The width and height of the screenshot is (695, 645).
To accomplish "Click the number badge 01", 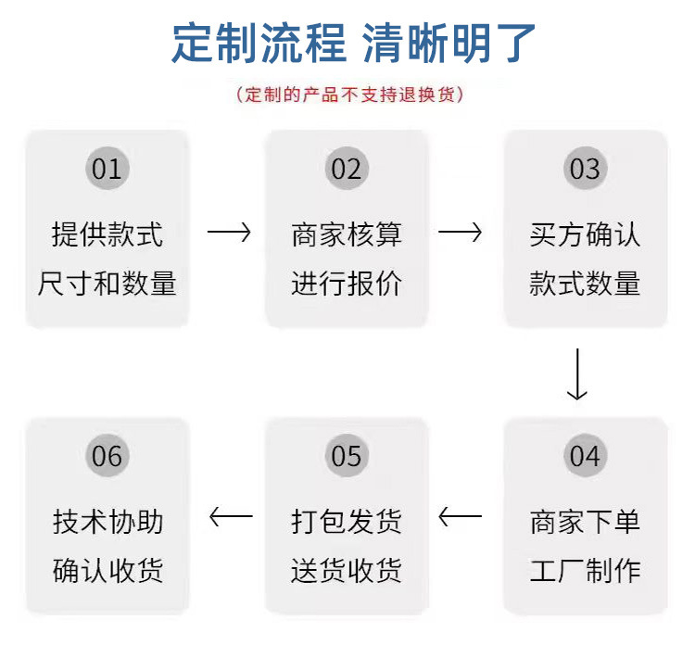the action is pyautogui.click(x=107, y=169).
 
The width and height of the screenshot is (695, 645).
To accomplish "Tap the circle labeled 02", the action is pyautogui.click(x=347, y=169).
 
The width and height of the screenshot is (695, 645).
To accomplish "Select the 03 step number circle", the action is pyautogui.click(x=585, y=169).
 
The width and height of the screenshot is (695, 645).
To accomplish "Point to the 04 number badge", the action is pyautogui.click(x=585, y=455).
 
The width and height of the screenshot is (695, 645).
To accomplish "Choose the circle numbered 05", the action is pyautogui.click(x=347, y=455).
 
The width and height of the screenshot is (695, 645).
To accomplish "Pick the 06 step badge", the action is pyautogui.click(x=107, y=455).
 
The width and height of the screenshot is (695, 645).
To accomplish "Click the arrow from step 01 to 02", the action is pyautogui.click(x=229, y=233).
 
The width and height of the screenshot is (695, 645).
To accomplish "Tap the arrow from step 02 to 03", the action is pyautogui.click(x=460, y=233).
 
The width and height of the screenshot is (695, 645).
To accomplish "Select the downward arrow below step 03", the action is pyautogui.click(x=577, y=374).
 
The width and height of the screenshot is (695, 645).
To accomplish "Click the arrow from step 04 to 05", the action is pyautogui.click(x=460, y=516).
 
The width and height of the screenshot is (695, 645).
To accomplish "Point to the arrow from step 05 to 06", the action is pyautogui.click(x=231, y=516).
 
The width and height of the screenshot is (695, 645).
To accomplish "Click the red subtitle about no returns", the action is pyautogui.click(x=349, y=95).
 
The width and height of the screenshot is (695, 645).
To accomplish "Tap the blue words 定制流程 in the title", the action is pyautogui.click(x=259, y=43).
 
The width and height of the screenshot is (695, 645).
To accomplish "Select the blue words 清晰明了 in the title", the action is pyautogui.click(x=449, y=43).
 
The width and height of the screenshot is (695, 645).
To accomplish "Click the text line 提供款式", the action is pyautogui.click(x=107, y=234).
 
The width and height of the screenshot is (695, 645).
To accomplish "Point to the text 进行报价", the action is pyautogui.click(x=347, y=283).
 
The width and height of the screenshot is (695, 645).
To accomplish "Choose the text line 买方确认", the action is pyautogui.click(x=585, y=234).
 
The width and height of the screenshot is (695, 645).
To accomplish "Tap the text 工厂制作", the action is pyautogui.click(x=585, y=570).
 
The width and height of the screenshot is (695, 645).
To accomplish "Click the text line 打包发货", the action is pyautogui.click(x=347, y=522).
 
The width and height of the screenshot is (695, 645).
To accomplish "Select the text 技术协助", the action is pyautogui.click(x=107, y=522).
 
